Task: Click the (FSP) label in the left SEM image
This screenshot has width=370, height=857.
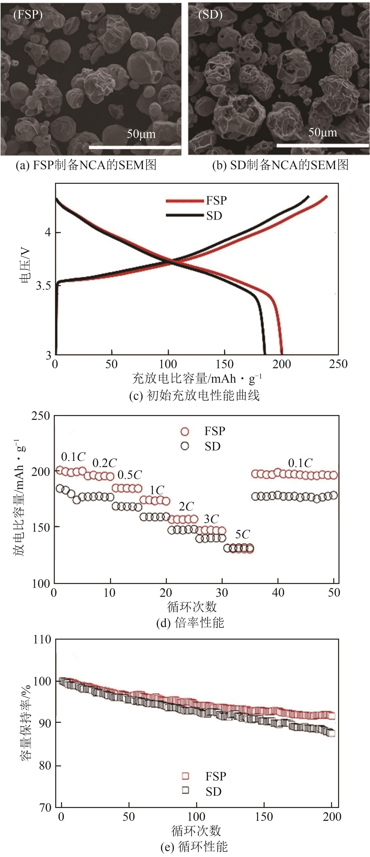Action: pos(28,15)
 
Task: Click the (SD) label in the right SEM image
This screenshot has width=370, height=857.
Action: pos(210,15)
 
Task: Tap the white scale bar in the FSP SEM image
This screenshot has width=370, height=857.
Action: pos(135,147)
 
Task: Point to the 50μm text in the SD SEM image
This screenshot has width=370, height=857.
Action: pos(322,132)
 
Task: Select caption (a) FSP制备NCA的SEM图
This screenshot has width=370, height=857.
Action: pos(86,165)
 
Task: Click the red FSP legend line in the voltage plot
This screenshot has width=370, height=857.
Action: pos(184,201)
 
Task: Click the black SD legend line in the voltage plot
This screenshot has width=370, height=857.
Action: pos(184,216)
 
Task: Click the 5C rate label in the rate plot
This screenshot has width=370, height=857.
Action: pos(242,534)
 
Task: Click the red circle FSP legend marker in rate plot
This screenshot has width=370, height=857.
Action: pos(185,432)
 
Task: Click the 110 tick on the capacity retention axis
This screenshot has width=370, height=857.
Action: pos(42,639)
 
